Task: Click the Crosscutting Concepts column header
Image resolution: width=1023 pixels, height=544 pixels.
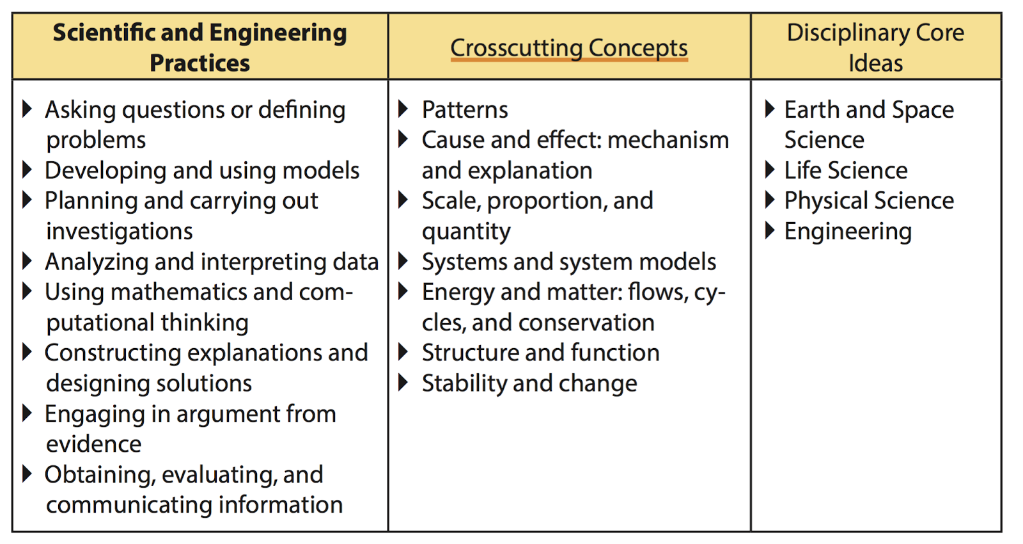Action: pos(568,48)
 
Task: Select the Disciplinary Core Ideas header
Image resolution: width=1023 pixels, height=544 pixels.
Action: pos(875,47)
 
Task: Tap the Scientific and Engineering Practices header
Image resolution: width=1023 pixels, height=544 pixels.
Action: pos(199,47)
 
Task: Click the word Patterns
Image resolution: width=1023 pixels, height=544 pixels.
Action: pos(465,110)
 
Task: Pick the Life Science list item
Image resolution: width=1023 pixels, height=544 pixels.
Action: pos(845,170)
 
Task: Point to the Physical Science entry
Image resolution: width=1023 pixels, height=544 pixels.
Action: pos(869,201)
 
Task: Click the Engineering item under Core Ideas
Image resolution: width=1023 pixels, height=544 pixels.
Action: pos(848,232)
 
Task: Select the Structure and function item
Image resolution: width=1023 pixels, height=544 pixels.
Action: pos(540,353)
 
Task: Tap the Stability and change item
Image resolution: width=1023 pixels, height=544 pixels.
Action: pos(529,383)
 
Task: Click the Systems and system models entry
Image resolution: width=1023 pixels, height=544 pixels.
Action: pos(568,262)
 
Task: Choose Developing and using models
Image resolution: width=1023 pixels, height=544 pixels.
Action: pos(202,171)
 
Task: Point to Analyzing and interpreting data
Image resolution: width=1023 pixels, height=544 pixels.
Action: pos(212,262)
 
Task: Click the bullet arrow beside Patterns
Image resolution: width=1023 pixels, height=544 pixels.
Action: pos(403,109)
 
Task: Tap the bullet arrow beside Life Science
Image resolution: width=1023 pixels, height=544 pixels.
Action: pos(770,170)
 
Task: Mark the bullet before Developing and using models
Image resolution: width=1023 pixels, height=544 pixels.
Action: pos(27,170)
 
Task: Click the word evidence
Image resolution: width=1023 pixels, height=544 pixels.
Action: pos(94,444)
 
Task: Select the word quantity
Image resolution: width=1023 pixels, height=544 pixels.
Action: pos(466,232)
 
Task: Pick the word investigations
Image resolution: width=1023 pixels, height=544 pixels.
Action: pos(120,231)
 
